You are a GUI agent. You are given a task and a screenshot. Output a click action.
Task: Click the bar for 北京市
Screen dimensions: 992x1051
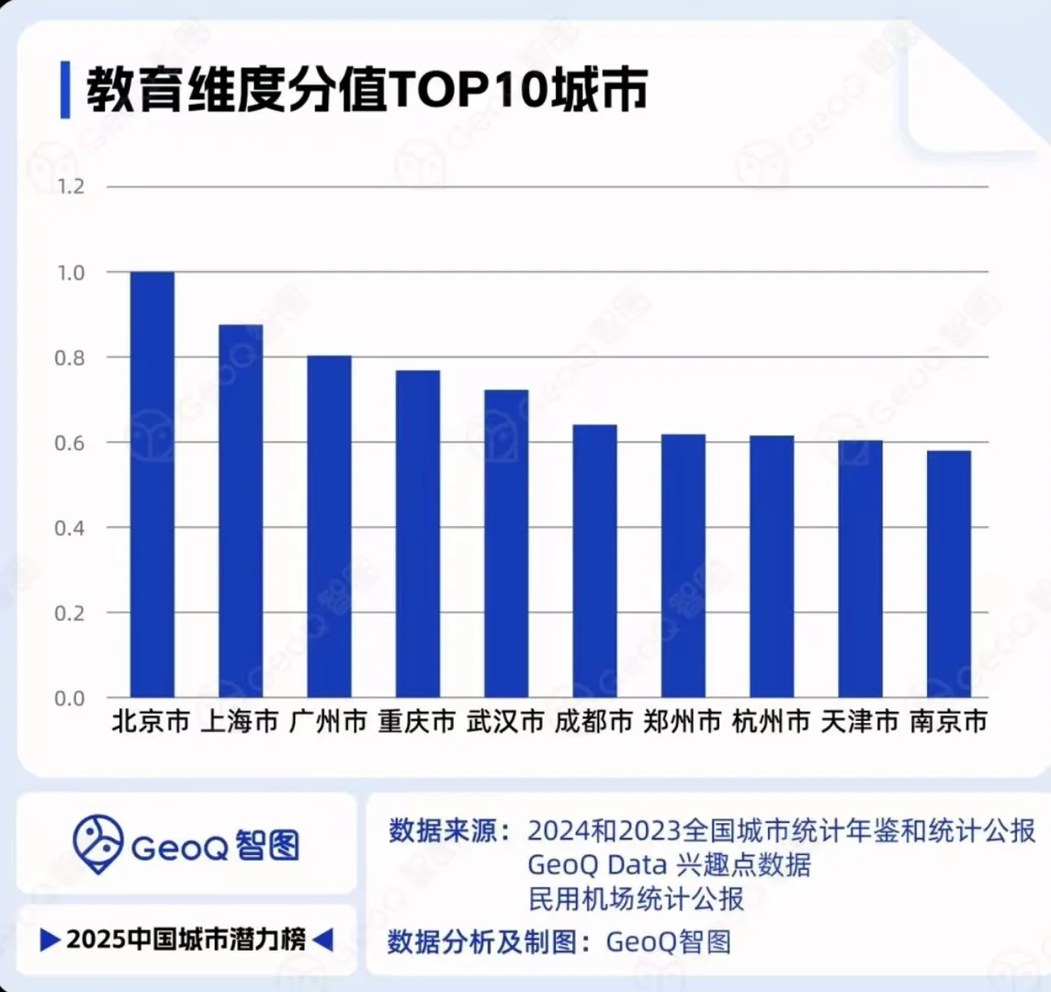153,484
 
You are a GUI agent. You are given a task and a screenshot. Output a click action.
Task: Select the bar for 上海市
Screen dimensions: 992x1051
241,511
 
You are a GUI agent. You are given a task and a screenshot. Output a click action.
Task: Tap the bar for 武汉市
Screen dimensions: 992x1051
506,543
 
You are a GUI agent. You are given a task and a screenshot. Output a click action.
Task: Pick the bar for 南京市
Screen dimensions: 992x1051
948,573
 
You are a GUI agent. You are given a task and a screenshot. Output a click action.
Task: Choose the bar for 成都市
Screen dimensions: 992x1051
594,560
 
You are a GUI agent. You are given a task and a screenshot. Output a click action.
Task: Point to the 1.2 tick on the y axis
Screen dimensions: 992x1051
71,186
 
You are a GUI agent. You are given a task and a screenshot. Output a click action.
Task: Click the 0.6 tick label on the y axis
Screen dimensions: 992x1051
71,443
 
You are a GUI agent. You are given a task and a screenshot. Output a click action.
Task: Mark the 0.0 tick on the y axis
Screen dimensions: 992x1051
71,698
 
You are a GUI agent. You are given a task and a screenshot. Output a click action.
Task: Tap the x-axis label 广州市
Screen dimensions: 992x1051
329,722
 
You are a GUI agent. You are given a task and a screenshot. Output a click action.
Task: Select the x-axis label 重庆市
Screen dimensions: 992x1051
417,722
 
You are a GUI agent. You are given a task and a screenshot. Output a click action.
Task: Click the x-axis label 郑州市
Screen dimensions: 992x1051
683,722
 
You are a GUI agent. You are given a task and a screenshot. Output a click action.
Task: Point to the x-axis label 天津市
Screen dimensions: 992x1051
860,722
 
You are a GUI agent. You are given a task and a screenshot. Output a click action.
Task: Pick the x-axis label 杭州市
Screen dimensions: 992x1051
771,722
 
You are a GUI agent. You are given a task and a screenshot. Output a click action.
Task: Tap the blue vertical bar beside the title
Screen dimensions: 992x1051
65,90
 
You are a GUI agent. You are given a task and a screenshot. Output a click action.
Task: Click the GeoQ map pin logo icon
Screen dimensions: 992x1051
98,844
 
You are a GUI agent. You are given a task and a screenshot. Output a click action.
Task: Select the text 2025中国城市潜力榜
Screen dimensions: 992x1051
186,940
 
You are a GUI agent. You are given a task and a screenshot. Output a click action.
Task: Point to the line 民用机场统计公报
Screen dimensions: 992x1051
636,898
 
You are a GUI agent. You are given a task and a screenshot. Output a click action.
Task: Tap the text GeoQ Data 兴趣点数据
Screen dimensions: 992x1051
669,864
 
